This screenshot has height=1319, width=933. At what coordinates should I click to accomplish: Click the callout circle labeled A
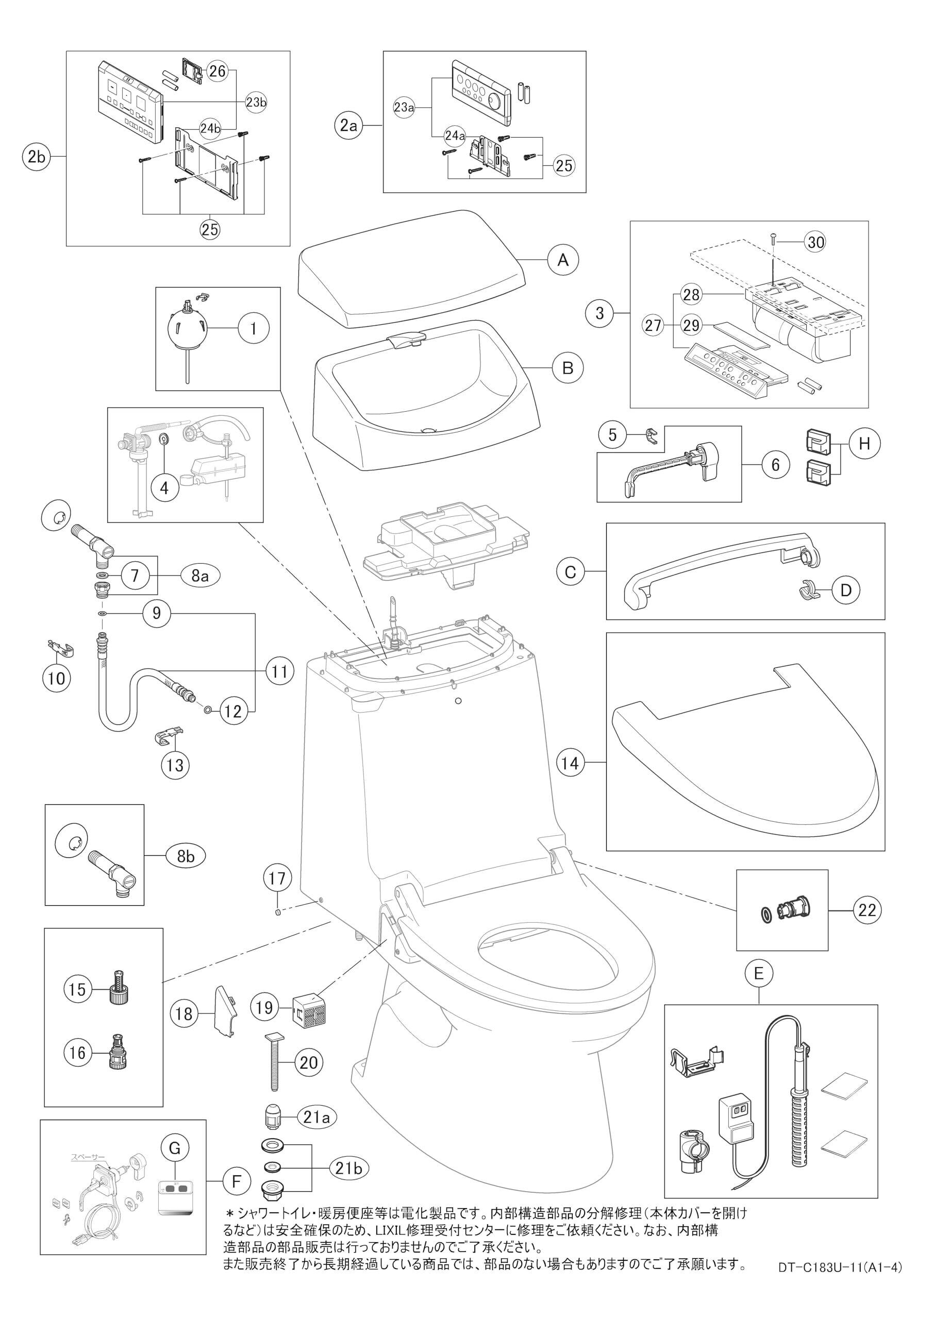coord(563,260)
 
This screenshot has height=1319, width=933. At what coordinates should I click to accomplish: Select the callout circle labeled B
coord(568,368)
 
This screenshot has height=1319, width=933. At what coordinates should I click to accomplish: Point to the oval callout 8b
coord(186,856)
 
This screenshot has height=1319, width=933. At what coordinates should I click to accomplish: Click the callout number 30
coord(815,243)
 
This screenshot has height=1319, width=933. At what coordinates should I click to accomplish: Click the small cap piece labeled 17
coord(277,911)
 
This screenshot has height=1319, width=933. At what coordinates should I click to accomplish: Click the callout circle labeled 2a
coord(348,125)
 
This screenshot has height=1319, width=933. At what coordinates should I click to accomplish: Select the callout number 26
coord(218,72)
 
